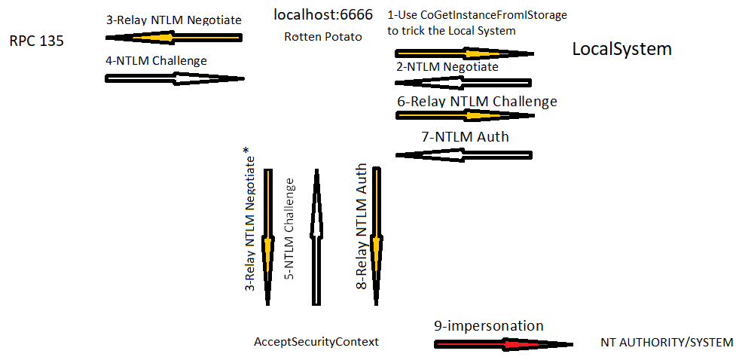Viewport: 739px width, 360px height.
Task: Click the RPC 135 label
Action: point(37,41)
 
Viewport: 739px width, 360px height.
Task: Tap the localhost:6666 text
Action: point(323,15)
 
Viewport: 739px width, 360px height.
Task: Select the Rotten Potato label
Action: point(323,36)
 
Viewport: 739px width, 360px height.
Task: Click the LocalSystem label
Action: point(621,49)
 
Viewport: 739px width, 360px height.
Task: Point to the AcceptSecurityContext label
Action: point(316,342)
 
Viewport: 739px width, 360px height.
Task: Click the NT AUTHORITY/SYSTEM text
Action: point(667,342)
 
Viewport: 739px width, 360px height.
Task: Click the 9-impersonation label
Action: point(488,326)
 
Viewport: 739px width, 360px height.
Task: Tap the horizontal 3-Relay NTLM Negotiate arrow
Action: point(174,37)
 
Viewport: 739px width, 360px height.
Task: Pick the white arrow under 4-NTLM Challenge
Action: point(175,78)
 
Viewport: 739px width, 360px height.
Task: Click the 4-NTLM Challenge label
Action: point(157,59)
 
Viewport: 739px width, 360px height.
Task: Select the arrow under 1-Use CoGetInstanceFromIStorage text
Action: point(464,53)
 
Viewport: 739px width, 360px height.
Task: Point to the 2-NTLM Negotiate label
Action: point(447,66)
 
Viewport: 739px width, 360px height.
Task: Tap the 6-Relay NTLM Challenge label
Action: point(477,101)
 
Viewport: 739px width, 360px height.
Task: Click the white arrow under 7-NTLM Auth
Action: point(463,155)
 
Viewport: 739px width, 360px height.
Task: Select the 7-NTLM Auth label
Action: point(465,136)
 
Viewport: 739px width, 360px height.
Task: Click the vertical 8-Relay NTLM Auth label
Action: point(362,227)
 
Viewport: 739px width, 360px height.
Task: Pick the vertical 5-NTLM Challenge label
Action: point(289,229)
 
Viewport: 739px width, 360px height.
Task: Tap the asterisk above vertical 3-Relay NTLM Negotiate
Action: point(247,151)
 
